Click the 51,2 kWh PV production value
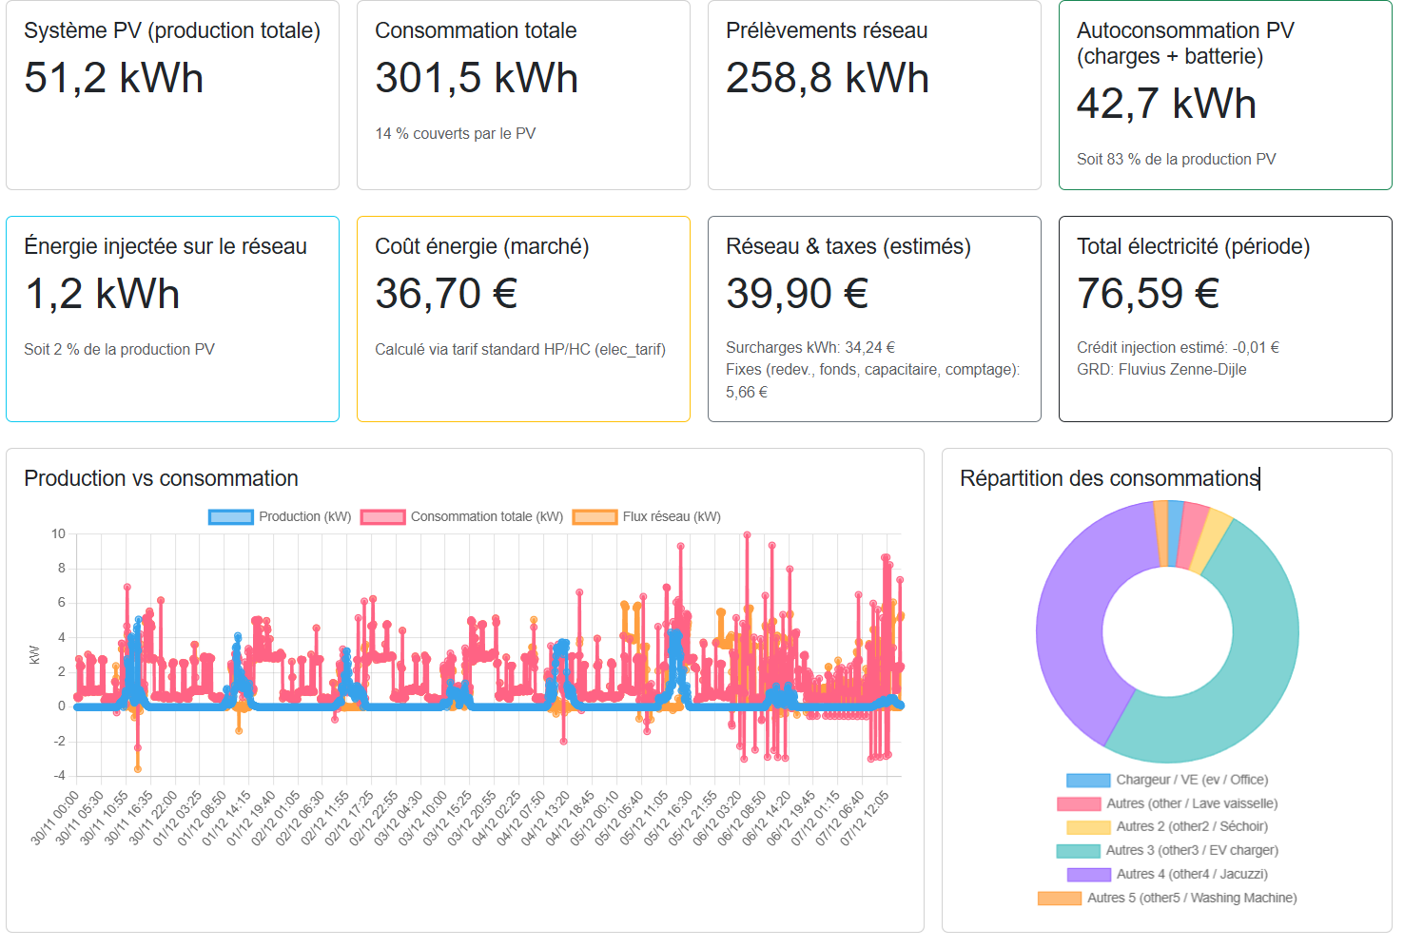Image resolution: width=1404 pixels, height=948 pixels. tap(113, 78)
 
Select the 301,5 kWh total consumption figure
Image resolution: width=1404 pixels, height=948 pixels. tap(476, 78)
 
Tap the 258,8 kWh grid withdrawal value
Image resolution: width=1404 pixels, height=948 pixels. tap(827, 78)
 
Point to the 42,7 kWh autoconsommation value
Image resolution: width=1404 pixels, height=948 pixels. tap(1165, 104)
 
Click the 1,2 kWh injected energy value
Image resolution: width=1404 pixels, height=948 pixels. tap(102, 294)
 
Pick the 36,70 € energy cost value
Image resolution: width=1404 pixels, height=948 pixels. tap(445, 294)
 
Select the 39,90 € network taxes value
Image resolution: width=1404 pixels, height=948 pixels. tap(796, 294)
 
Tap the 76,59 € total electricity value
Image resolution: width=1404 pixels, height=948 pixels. tap(1147, 294)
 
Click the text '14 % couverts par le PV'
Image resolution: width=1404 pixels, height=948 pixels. tap(455, 134)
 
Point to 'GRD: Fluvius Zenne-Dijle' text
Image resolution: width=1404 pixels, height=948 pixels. tap(1160, 370)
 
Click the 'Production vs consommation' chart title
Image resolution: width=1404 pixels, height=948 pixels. tap(161, 478)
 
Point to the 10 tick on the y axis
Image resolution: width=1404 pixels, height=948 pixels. tap(59, 534)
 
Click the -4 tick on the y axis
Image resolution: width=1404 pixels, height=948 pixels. tap(59, 776)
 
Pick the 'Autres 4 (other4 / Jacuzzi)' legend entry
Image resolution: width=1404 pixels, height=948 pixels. tap(1191, 875)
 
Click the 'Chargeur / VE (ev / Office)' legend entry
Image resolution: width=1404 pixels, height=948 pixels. tap(1191, 781)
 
